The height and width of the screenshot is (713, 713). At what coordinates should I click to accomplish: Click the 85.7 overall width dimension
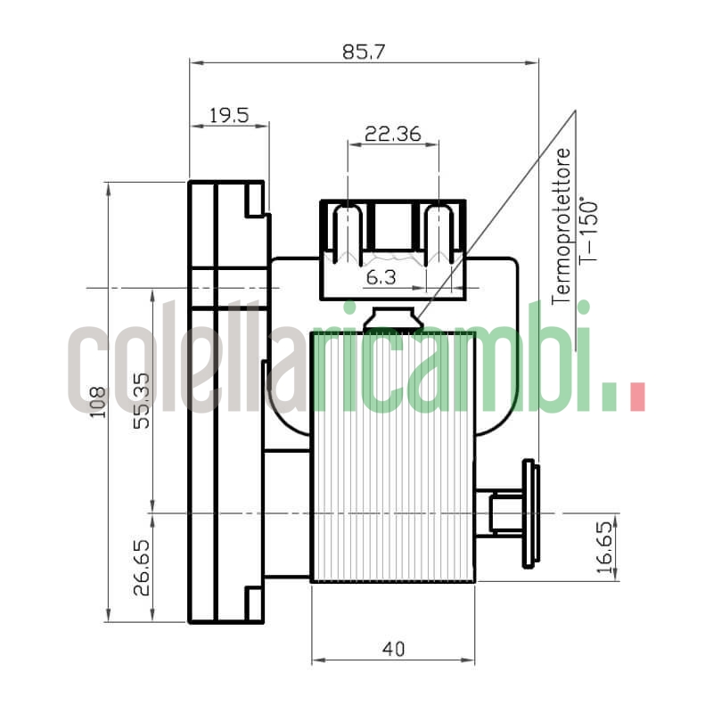(x=364, y=52)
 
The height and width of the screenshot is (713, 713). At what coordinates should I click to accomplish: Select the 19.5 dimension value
(x=228, y=114)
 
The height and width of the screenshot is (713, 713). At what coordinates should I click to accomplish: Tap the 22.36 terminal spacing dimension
(x=392, y=134)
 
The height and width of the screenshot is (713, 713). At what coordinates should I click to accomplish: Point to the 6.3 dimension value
(x=381, y=278)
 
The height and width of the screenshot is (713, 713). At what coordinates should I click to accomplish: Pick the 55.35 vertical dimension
(x=141, y=400)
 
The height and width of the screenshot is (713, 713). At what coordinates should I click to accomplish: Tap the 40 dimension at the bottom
(x=392, y=649)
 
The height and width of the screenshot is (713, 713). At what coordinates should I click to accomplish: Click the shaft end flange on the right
(x=530, y=513)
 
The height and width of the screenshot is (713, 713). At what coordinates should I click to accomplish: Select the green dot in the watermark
(x=609, y=397)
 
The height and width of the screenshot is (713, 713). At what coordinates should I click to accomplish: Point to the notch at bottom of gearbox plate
(x=254, y=603)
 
